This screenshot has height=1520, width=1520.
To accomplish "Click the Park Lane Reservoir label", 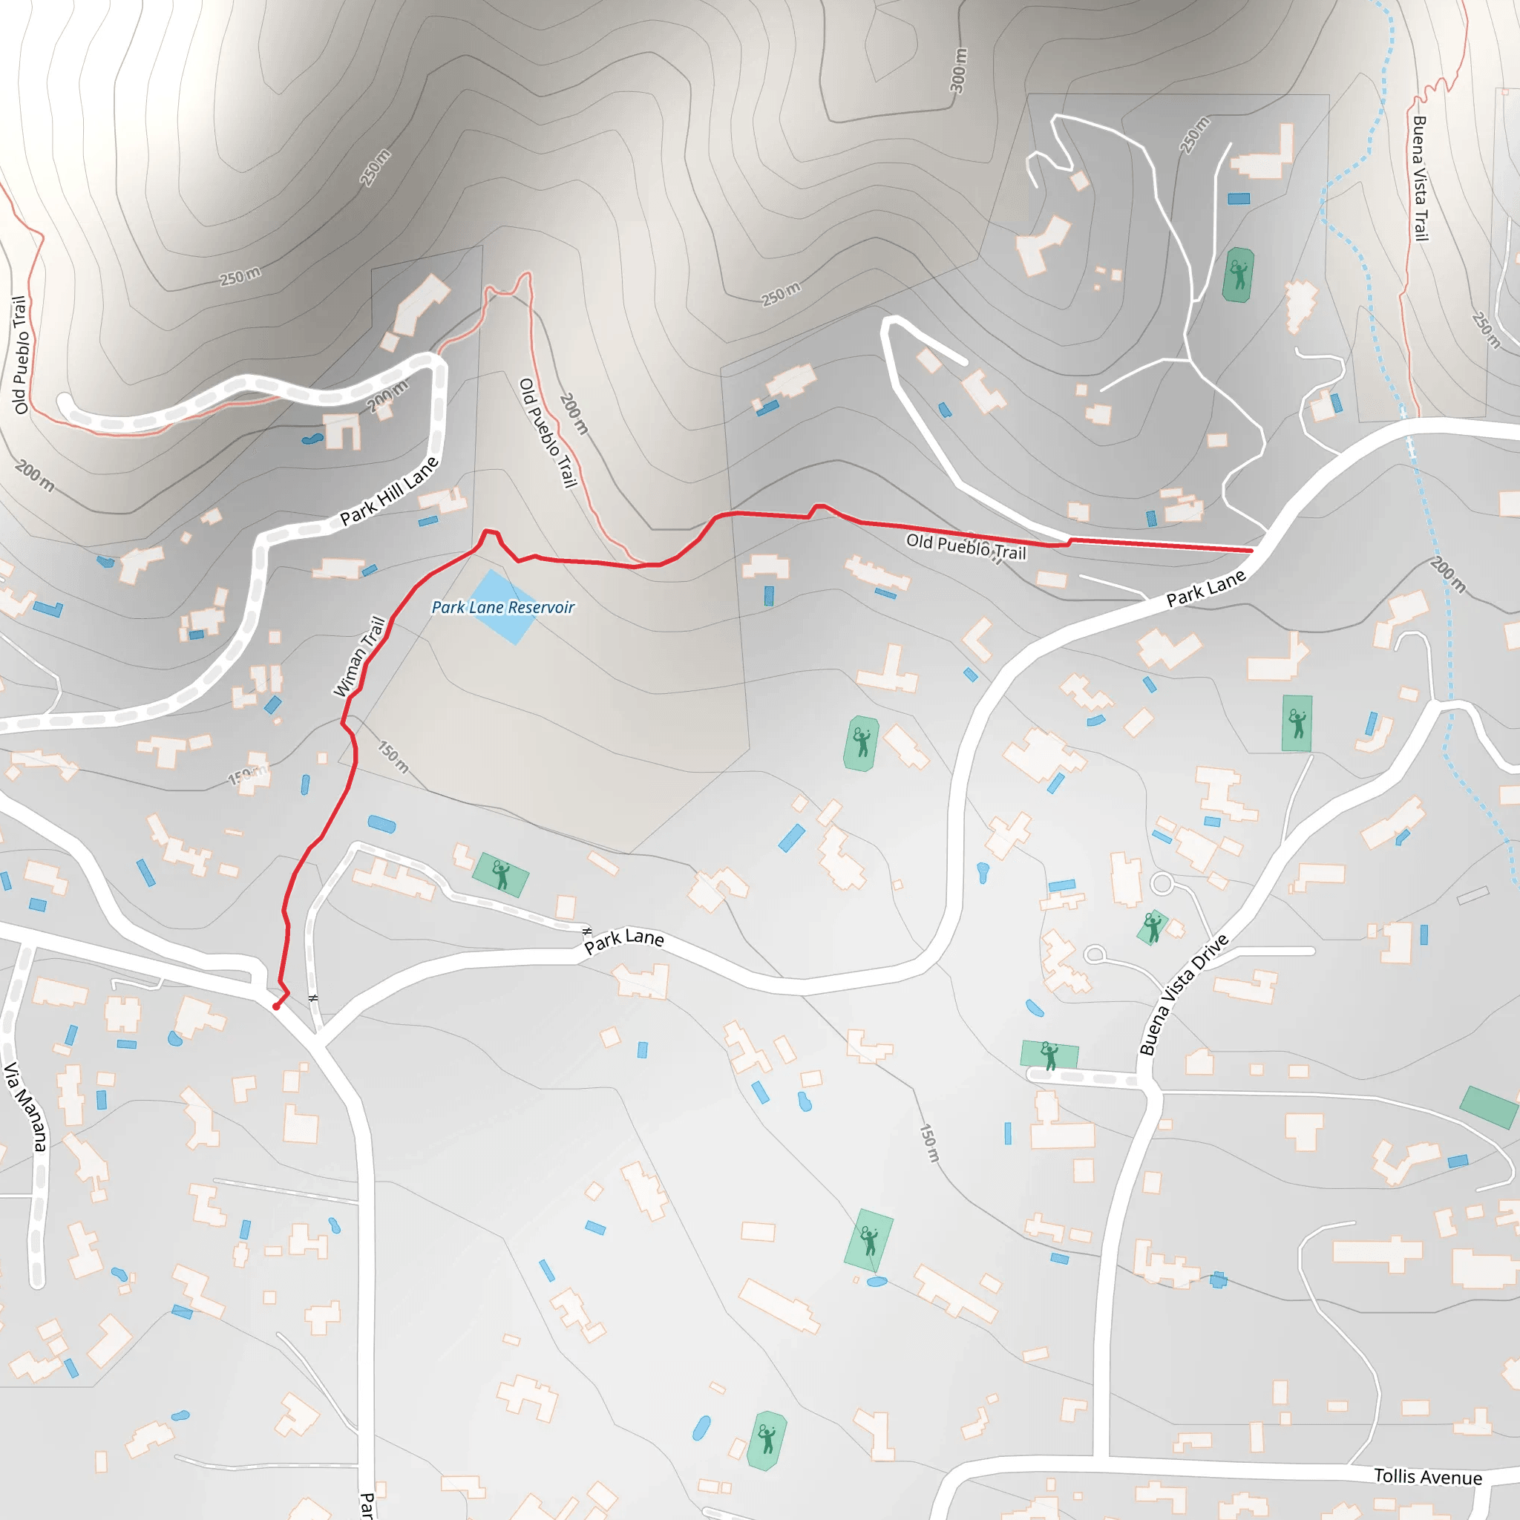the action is [x=502, y=607].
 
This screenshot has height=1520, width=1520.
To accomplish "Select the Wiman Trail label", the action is [x=359, y=656].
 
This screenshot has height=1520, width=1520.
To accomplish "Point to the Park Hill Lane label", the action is [x=389, y=492].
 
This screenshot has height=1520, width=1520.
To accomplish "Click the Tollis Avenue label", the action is [x=1427, y=1477].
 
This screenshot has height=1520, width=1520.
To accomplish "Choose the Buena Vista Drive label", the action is [x=1183, y=995].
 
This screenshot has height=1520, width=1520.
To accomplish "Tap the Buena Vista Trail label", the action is [x=1420, y=179].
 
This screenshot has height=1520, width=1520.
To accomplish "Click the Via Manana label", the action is [x=26, y=1106].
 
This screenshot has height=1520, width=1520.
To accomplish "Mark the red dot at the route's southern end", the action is [x=276, y=1006].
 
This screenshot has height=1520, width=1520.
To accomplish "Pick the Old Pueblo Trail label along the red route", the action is [x=966, y=546].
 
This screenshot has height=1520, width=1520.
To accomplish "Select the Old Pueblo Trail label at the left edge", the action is [x=21, y=355].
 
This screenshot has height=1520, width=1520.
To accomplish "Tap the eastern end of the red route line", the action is [x=1251, y=551].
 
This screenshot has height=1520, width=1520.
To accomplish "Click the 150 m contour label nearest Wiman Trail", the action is [x=393, y=757].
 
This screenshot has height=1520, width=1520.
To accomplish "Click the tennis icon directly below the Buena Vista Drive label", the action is [x=1049, y=1056].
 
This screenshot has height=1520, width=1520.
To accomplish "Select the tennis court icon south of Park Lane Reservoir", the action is [x=500, y=874].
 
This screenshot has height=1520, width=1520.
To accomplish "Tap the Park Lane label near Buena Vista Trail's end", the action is [x=1205, y=588].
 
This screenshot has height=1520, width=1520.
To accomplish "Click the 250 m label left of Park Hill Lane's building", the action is [x=240, y=277].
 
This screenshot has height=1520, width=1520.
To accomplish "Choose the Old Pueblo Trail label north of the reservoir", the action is [x=548, y=433].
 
